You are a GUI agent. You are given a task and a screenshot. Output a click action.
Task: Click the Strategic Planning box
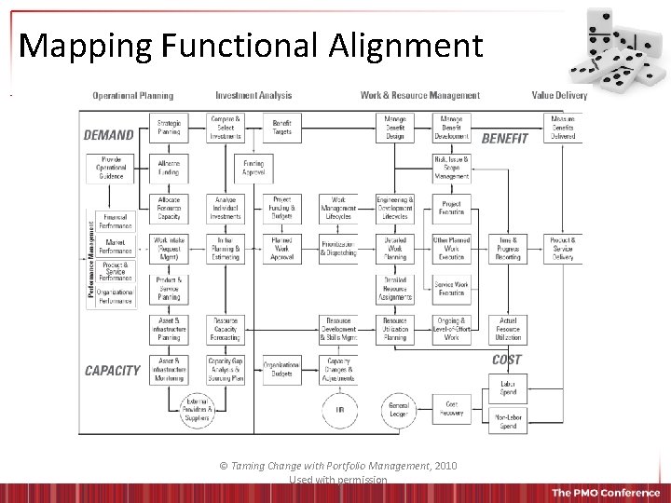click(x=169, y=128)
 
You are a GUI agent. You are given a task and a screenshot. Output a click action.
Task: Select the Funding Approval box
click(x=253, y=168)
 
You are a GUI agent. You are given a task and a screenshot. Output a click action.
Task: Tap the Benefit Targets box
click(x=281, y=128)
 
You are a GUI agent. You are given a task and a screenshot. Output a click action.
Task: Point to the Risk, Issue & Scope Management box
click(x=452, y=168)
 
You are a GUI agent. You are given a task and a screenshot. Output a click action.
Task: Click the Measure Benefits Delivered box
click(x=563, y=128)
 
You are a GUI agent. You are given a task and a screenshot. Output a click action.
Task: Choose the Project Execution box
click(x=452, y=209)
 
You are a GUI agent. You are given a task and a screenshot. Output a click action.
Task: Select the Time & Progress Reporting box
click(x=508, y=249)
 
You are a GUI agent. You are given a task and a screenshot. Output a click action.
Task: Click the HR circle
click(x=339, y=410)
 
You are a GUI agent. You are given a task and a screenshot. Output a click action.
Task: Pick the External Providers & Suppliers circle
click(x=197, y=406)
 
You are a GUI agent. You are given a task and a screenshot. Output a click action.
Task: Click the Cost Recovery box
click(x=452, y=409)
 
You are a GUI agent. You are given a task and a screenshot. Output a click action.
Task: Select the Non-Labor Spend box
click(x=508, y=421)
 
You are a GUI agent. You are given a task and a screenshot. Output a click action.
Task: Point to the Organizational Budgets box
click(x=281, y=369)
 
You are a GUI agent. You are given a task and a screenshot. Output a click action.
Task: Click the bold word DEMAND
click(x=109, y=135)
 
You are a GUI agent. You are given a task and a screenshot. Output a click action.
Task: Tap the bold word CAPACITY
click(x=112, y=371)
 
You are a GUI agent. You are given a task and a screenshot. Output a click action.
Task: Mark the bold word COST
click(x=507, y=360)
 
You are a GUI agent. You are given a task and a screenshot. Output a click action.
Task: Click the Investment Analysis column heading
click(x=253, y=95)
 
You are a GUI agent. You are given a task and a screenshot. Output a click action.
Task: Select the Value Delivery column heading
click(x=560, y=95)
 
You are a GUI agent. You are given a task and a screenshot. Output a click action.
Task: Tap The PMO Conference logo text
click(x=605, y=493)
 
